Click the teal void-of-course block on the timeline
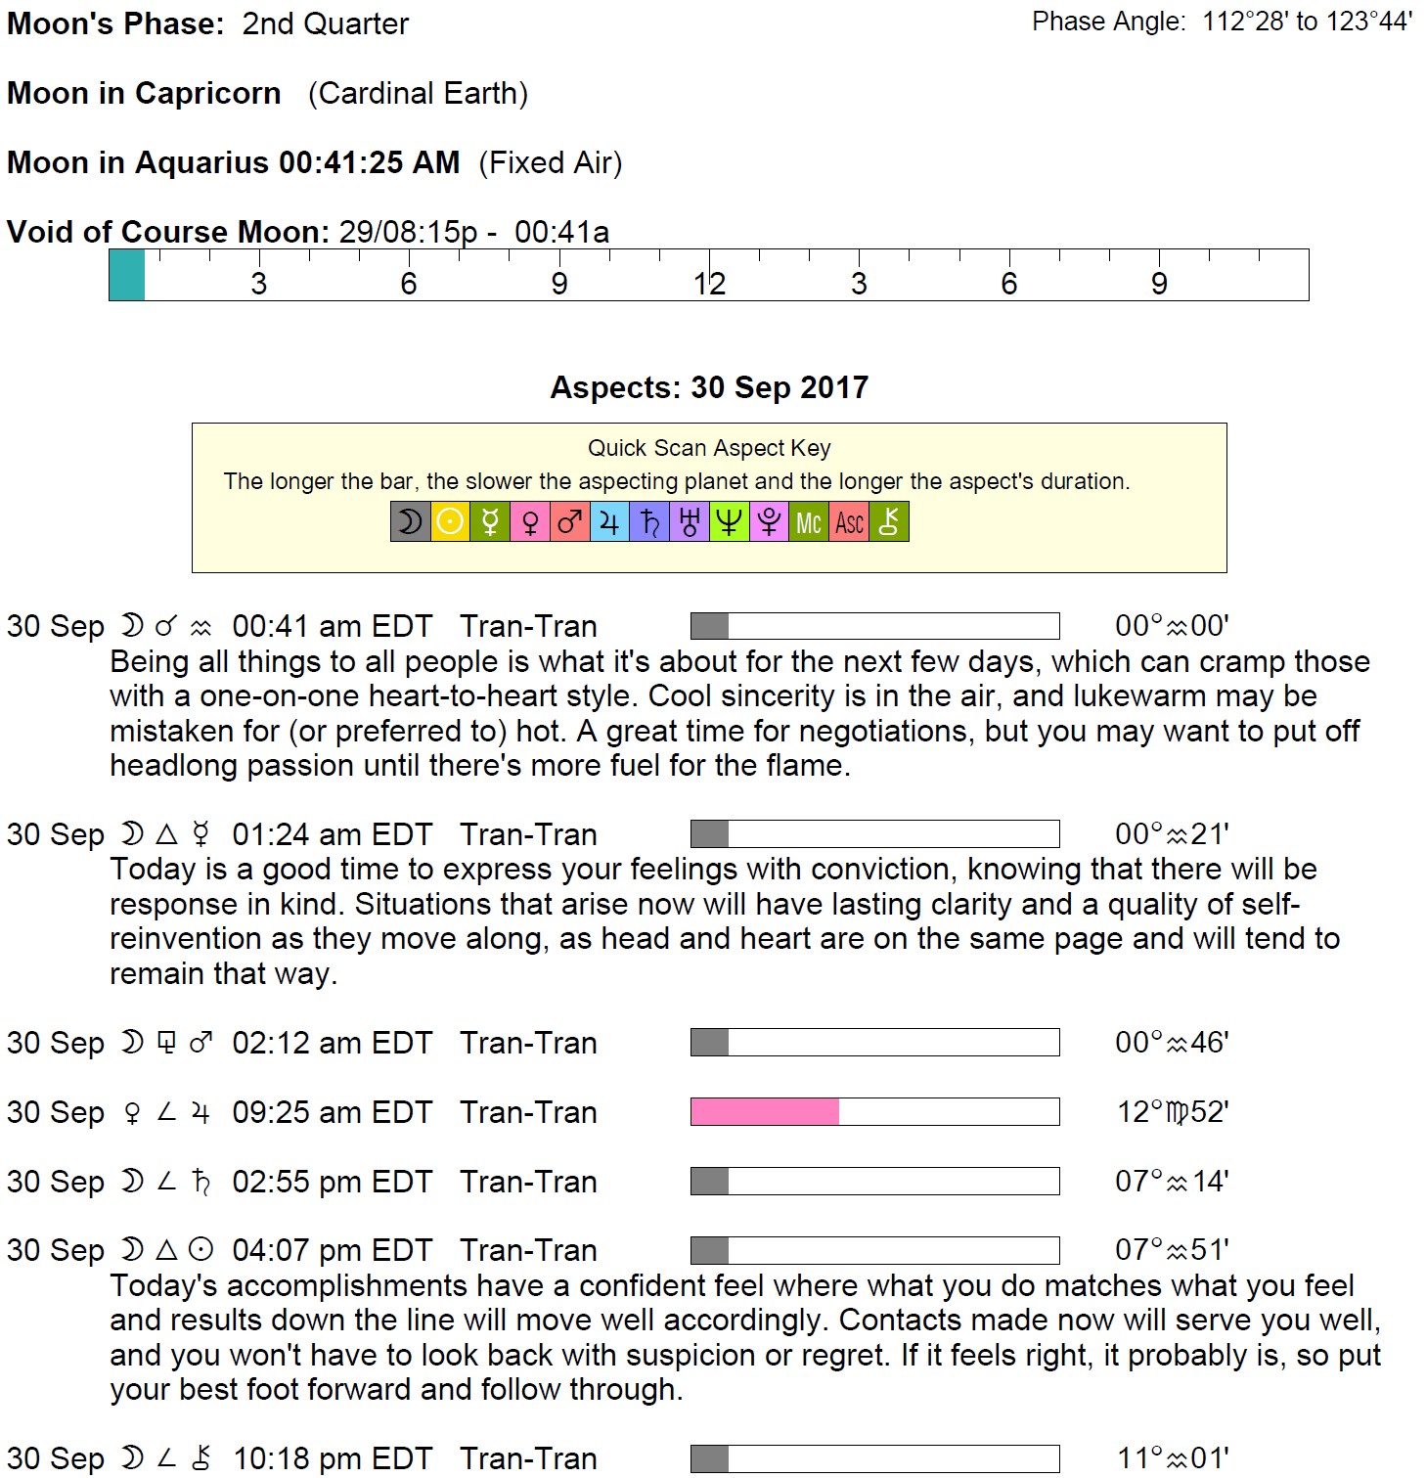pyautogui.click(x=127, y=275)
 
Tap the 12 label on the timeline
pyautogui.click(x=709, y=284)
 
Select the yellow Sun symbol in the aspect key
pyautogui.click(x=450, y=522)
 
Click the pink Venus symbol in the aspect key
pyautogui.click(x=530, y=522)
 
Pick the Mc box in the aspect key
pyautogui.click(x=809, y=522)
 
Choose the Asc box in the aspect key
pyautogui.click(x=849, y=522)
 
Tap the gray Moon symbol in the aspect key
pyautogui.click(x=410, y=522)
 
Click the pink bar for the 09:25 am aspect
pyautogui.click(x=765, y=1112)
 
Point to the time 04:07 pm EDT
pyautogui.click(x=332, y=1251)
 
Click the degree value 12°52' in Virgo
pyautogui.click(x=1172, y=1112)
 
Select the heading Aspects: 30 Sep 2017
pyautogui.click(x=709, y=387)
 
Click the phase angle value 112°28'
pyautogui.click(x=1245, y=22)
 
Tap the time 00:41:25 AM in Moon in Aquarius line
pyautogui.click(x=369, y=162)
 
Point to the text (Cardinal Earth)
pyautogui.click(x=418, y=94)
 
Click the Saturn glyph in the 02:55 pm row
pyautogui.click(x=201, y=1182)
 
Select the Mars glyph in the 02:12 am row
pyautogui.click(x=201, y=1043)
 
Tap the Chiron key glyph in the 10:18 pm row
pyautogui.click(x=201, y=1458)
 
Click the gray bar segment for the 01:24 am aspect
pyautogui.click(x=710, y=834)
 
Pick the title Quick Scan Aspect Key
pyautogui.click(x=709, y=448)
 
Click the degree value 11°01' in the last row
pyautogui.click(x=1172, y=1458)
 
